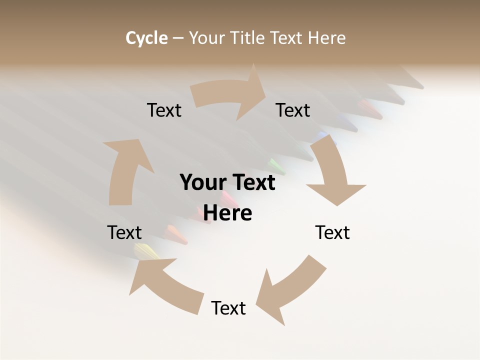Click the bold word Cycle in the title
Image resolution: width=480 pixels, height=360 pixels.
[146, 38]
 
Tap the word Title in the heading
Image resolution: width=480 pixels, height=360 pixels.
[247, 38]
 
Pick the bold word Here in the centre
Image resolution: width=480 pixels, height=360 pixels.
[228, 213]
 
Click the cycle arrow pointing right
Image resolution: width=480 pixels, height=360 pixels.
[230, 93]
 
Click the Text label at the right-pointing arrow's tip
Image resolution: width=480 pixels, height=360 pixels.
[293, 110]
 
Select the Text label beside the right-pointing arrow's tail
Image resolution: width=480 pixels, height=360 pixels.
[164, 110]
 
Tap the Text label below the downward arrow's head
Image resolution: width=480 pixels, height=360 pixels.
[332, 232]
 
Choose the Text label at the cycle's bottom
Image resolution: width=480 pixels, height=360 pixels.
[228, 308]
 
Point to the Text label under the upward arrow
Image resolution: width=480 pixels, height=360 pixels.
[124, 232]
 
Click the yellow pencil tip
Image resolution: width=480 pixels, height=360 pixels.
[147, 251]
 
